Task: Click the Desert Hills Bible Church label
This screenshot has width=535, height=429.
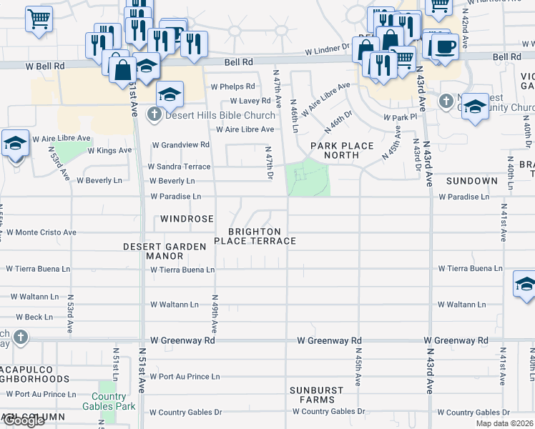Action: (220, 115)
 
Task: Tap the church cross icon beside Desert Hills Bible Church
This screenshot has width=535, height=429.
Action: (154, 114)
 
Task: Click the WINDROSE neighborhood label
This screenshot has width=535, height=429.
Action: (187, 218)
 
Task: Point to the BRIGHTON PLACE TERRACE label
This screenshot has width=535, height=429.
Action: (262, 237)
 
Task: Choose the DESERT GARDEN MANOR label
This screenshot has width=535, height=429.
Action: (165, 251)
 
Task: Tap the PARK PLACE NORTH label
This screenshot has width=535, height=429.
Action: (342, 150)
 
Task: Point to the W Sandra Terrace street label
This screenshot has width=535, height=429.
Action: (179, 167)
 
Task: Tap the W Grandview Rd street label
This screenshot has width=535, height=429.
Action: (180, 144)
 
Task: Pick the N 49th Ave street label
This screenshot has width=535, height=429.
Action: (214, 312)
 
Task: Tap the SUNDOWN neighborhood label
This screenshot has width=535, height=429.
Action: (472, 182)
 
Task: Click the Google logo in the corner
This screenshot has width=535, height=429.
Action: (23, 421)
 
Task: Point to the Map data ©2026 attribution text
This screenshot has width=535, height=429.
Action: (504, 423)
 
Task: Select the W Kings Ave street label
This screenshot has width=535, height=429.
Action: (109, 151)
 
